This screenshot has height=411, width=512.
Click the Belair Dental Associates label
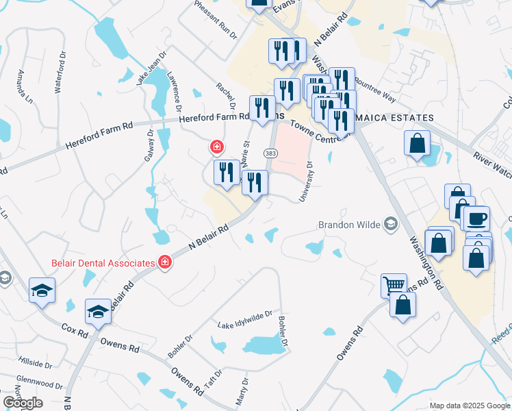pos(103,262)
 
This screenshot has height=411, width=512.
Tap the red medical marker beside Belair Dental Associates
pos(164,262)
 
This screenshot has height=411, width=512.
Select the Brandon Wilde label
pos(349,224)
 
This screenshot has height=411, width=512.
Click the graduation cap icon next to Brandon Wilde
pos(391,223)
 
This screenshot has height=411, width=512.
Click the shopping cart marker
pos(394,284)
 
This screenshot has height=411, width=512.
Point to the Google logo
pos(23,403)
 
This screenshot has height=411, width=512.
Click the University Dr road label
pos(306,182)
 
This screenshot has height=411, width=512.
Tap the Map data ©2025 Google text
pos(469,406)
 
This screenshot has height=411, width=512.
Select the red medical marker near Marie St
pos(216,147)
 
